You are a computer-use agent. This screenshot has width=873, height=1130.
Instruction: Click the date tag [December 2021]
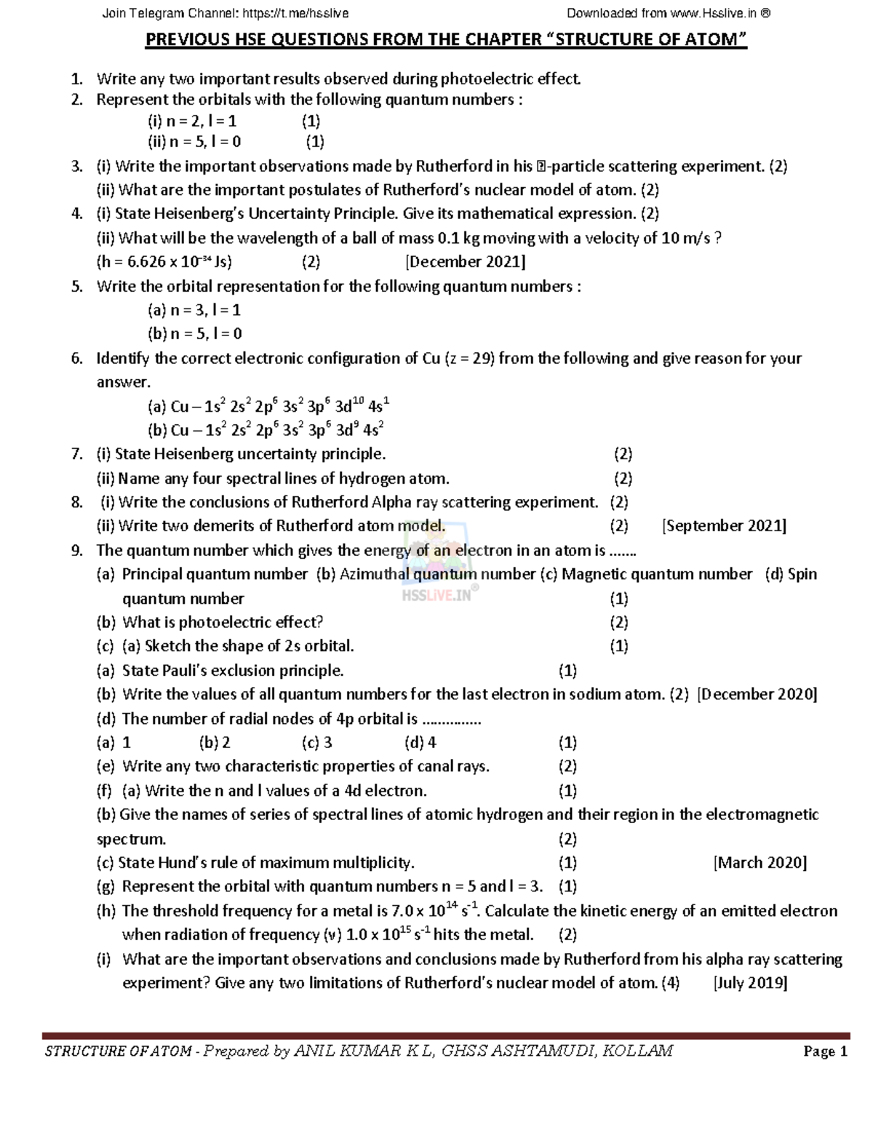pos(465,262)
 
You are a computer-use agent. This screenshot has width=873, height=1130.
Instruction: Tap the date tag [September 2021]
pos(724,526)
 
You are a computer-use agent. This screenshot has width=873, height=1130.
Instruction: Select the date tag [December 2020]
pos(757,694)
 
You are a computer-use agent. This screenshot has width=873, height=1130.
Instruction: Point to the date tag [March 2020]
pos(760,863)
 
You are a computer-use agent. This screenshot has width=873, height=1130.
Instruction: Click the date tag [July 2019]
pos(750,983)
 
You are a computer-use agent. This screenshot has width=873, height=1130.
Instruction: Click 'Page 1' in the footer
pos(825,1051)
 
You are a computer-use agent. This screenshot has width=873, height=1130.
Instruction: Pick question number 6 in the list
pos(76,359)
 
